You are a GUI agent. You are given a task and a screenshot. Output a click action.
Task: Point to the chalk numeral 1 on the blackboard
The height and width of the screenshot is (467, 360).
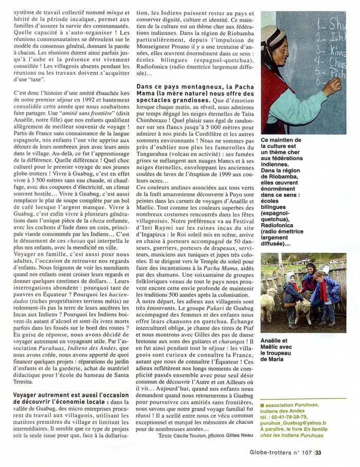pos(322,23)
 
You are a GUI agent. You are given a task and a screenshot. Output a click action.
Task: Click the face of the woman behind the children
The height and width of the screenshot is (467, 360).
pos(311,269)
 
